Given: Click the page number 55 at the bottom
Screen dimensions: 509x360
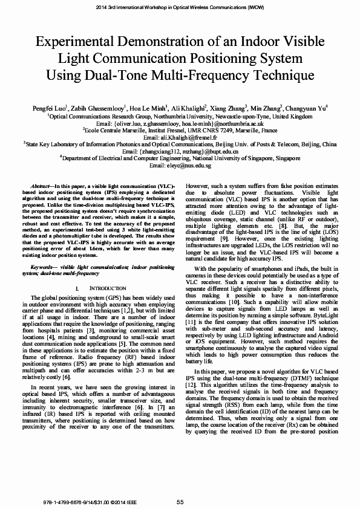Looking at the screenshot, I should tap(180, 502).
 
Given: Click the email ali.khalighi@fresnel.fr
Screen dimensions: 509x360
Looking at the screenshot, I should tap(180, 138).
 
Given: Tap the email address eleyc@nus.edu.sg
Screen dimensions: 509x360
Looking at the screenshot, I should tap(180, 165).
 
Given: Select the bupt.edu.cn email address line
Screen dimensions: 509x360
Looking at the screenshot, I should tap(180, 152).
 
